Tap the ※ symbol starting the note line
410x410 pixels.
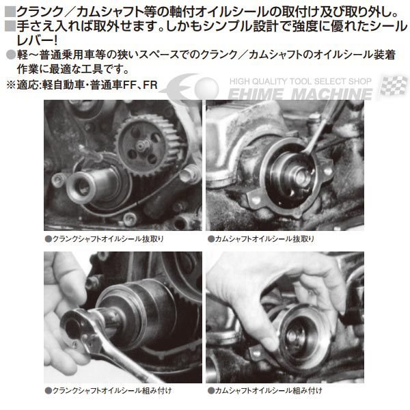10,85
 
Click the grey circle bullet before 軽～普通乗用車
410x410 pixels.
10,57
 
